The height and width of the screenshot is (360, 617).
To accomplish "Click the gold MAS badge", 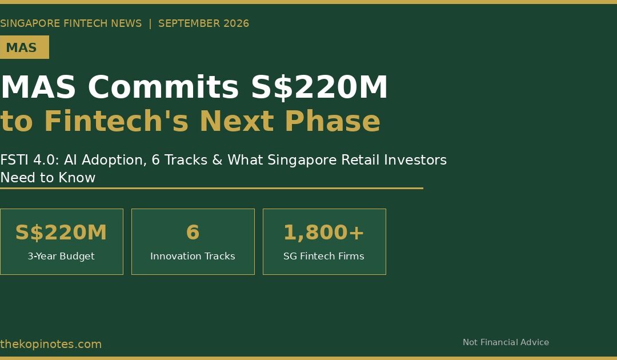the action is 25,47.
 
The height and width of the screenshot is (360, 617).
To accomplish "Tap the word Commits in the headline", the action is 163,87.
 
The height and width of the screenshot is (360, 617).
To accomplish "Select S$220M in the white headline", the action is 319,87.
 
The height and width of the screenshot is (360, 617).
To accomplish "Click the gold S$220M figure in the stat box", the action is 61,232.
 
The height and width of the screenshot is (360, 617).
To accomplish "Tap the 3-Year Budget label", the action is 61,256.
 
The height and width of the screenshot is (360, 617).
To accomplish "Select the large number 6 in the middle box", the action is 193,232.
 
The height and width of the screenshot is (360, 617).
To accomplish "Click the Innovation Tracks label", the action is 193,256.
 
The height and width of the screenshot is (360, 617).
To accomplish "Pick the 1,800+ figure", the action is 324,232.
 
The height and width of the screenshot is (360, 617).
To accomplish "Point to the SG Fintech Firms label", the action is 324,256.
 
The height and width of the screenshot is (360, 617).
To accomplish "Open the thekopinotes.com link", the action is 51,344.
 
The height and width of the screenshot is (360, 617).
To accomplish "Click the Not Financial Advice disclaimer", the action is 506,342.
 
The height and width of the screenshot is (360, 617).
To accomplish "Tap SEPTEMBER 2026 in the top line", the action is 203,23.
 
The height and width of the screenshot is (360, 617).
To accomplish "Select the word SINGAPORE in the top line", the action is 30,23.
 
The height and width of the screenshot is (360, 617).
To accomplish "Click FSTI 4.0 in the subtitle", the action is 29,160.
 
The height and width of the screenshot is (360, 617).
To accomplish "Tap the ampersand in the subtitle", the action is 217,160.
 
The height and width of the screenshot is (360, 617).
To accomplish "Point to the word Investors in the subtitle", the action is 415,160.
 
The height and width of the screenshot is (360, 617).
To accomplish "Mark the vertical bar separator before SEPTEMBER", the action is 150,23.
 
